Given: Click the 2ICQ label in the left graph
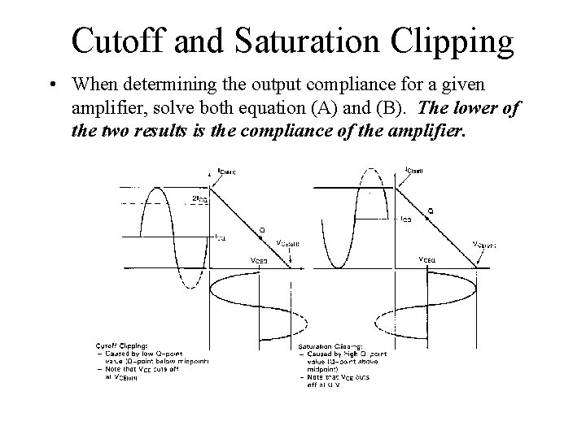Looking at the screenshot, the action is pos(199,198).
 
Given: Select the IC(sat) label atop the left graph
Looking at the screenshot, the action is pos(227,171).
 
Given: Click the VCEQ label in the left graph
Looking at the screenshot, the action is pos(258,260).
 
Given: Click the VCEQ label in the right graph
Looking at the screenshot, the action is pos(427,259).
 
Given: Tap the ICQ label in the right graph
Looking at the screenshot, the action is pos(405,218).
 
